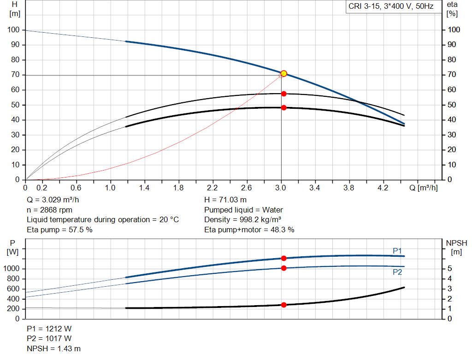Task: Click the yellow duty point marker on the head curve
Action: pos(284,74)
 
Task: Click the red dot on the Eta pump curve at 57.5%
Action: pos(284,94)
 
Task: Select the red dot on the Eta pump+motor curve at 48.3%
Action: pos(284,107)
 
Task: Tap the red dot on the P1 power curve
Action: pos(284,258)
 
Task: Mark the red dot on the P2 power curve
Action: pos(284,268)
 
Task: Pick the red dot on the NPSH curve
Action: pos(284,305)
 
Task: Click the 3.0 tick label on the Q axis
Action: pos(281,188)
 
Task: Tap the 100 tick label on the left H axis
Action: pos(14,30)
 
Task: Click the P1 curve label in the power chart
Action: pos(397,250)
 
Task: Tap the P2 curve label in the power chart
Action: pos(397,272)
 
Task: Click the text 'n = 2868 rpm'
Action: pos(49,210)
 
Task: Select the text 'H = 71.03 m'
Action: pos(225,200)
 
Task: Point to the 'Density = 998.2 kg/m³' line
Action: pos(242,219)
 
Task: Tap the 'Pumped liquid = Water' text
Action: pos(243,210)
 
